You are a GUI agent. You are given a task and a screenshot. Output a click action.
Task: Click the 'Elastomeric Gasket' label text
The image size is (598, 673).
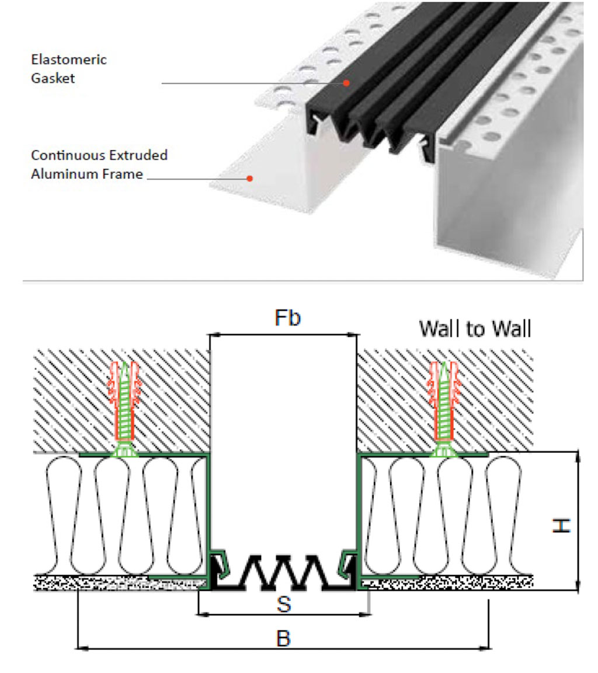(x=69, y=68)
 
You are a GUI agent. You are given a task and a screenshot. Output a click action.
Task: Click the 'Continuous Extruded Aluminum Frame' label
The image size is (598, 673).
(x=99, y=164)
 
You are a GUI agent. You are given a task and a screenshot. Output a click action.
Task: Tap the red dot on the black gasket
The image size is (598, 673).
(x=346, y=83)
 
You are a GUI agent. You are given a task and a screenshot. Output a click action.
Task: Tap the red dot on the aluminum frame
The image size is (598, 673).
(x=249, y=178)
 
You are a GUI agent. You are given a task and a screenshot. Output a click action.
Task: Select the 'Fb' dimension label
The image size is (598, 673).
(x=287, y=318)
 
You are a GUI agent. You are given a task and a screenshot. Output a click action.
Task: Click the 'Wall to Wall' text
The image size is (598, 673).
(x=475, y=329)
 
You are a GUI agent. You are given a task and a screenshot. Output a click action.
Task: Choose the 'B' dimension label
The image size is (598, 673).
(x=283, y=637)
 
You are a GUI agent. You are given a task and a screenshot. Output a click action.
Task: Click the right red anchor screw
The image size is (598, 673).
(x=443, y=403)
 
